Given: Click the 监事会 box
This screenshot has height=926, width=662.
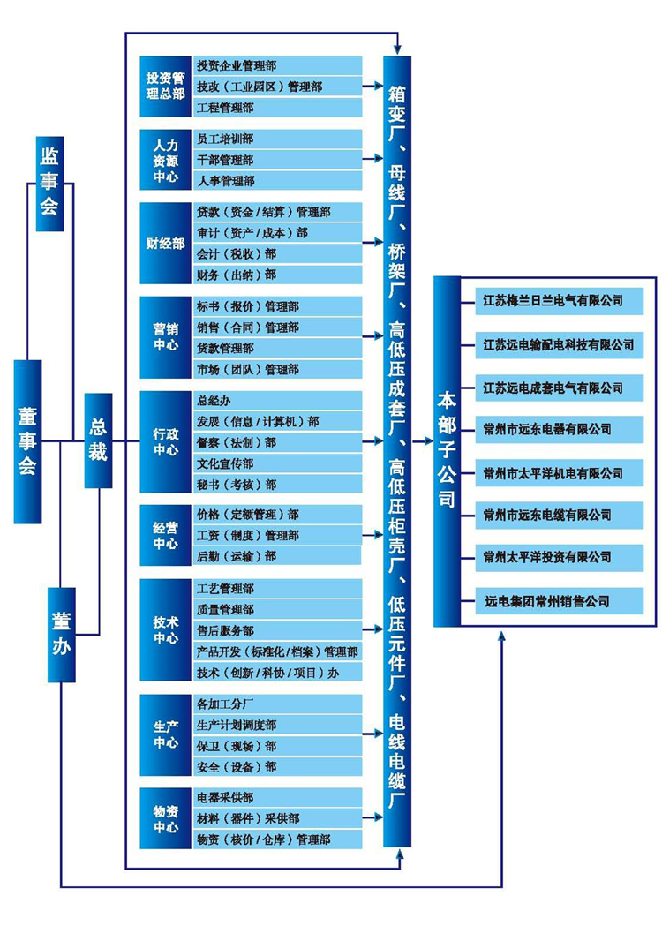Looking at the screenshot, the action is (x=49, y=184).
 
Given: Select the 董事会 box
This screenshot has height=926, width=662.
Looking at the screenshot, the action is (x=27, y=441).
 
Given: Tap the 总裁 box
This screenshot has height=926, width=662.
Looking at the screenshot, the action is (x=98, y=440).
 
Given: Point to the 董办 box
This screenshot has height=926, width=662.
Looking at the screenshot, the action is (x=62, y=635).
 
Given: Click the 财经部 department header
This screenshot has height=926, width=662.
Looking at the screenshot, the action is (x=166, y=244).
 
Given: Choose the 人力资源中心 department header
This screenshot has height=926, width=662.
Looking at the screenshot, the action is (x=166, y=160).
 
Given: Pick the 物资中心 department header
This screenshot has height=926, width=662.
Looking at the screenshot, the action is (x=166, y=818).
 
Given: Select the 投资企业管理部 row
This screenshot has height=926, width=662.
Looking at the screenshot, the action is (x=277, y=65).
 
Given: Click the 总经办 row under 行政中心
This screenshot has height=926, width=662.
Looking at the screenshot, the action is (x=277, y=401).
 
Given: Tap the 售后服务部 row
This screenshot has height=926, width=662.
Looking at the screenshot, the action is (x=277, y=630).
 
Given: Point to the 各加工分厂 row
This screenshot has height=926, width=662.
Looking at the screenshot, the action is (x=277, y=704).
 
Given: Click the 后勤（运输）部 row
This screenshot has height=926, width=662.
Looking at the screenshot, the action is (x=277, y=556).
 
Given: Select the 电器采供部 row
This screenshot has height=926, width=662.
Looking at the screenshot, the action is (x=277, y=797).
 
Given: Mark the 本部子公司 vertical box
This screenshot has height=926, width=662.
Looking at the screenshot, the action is (x=447, y=451).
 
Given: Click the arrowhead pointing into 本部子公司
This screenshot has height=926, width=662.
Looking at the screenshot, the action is (x=429, y=441).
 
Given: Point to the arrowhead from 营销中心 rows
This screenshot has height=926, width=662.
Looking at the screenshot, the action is (x=379, y=336).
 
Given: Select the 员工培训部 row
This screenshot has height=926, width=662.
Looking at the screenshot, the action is (x=277, y=139).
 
